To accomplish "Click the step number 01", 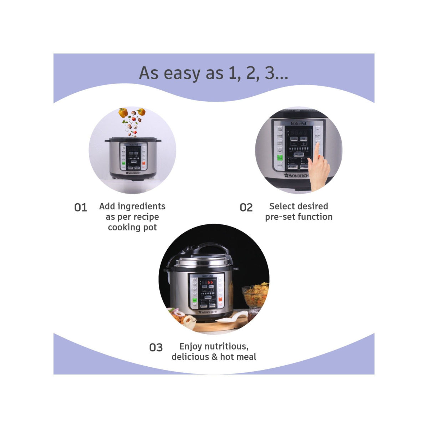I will tap(81, 208).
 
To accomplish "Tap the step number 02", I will tap(246, 208).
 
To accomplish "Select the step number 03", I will tap(156, 347).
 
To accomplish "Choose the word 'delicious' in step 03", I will tap(190, 357).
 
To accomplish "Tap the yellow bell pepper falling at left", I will tap(123, 113).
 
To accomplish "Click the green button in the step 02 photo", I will tap(280, 157).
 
